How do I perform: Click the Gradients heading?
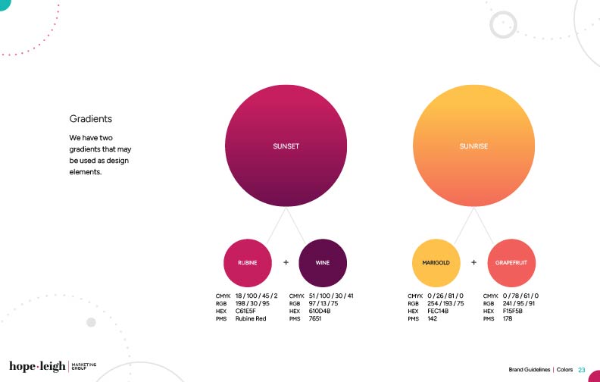coord(91,119)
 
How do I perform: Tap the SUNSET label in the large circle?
coord(286,146)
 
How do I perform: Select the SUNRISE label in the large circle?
coord(473,146)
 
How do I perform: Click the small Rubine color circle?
coord(248,263)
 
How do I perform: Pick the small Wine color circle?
coord(323,263)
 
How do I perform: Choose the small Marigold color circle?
coord(436,263)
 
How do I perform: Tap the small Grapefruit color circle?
coord(511,263)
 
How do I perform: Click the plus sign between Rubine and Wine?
coord(286,262)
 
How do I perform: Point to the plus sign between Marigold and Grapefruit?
coord(473,262)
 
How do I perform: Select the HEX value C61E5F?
coord(245,312)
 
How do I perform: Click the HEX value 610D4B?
coord(320,312)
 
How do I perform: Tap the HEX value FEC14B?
coord(438,312)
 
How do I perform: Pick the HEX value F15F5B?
coord(512,312)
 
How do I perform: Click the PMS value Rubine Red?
coord(251,318)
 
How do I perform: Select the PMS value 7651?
coord(315,318)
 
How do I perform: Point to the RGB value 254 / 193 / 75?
coord(445,303)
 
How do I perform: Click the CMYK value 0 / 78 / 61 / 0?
coord(520,296)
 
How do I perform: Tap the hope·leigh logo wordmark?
coord(37,366)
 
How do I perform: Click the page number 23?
coord(582,370)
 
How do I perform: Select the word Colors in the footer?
coord(564,370)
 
